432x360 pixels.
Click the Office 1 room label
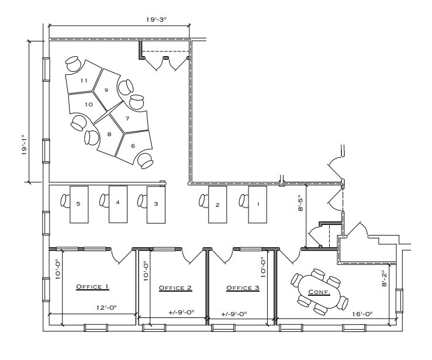point(93,287)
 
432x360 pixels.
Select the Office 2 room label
point(175,288)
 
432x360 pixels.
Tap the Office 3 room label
point(243,288)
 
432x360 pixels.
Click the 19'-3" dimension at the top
point(157,19)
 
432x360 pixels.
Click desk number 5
point(78,203)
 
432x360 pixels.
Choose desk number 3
point(155,204)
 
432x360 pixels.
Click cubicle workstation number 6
point(133,146)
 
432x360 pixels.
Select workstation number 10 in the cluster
point(89,104)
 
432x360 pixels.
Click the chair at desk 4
point(103,201)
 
